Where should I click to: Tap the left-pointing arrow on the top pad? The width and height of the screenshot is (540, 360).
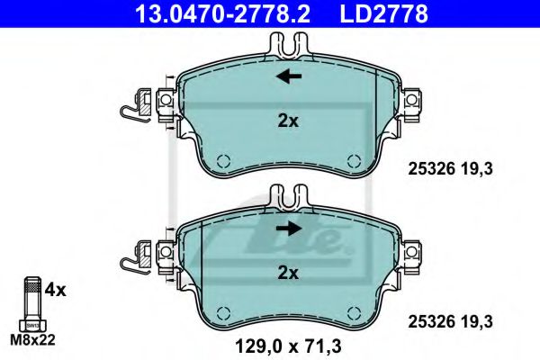pyautogui.click(x=289, y=76)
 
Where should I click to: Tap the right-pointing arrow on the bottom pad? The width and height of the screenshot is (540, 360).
pyautogui.click(x=289, y=229)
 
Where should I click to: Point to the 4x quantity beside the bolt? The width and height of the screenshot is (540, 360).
pyautogui.click(x=55, y=290)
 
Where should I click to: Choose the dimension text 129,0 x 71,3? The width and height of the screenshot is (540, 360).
pyautogui.click(x=289, y=343)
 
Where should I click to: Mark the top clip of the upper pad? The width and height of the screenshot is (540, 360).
pyautogui.click(x=288, y=43)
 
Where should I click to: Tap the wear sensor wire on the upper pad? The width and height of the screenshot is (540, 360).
pyautogui.click(x=133, y=109)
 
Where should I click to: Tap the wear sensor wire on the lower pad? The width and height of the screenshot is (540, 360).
pyautogui.click(x=133, y=261)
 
